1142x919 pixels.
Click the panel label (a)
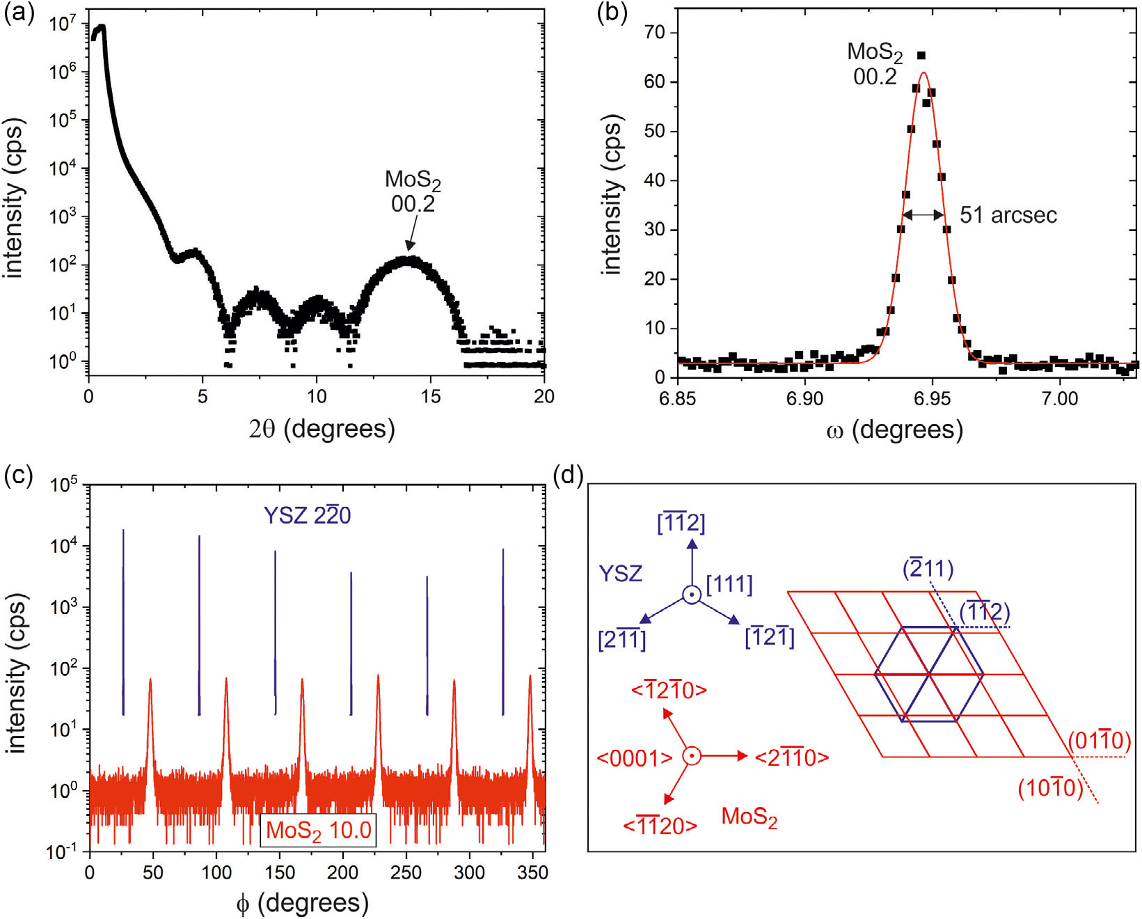pyautogui.click(x=19, y=14)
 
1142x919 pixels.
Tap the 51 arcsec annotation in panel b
pyautogui.click(x=1008, y=215)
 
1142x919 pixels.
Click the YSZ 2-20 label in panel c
pyautogui.click(x=307, y=515)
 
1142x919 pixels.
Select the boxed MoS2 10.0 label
pyautogui.click(x=318, y=830)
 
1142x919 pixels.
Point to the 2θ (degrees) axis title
pyautogui.click(x=322, y=429)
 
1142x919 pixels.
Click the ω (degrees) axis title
pyautogui.click(x=894, y=430)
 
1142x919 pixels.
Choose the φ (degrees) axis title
pyautogui.click(x=302, y=903)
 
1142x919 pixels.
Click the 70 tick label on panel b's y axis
pyautogui.click(x=654, y=32)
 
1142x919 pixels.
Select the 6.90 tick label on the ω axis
pyautogui.click(x=804, y=398)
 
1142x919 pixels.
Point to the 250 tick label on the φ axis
pyautogui.click(x=406, y=872)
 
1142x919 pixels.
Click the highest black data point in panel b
pyautogui.click(x=921, y=56)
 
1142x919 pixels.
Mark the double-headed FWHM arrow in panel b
pyautogui.click(x=923, y=215)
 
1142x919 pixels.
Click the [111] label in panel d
pyautogui.click(x=729, y=584)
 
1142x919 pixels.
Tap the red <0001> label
pyautogui.click(x=634, y=757)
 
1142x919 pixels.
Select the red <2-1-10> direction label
pyautogui.click(x=792, y=757)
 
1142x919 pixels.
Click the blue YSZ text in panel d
pyautogui.click(x=620, y=574)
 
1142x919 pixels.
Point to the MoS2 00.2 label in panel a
pyautogui.click(x=413, y=191)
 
